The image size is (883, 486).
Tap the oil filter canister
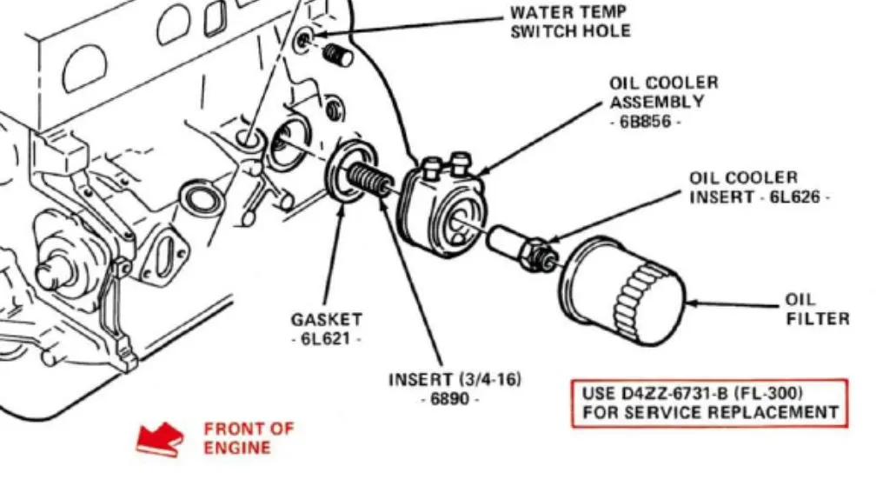point(622,291)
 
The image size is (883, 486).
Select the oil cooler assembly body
point(441,205)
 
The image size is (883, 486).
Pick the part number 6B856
point(646,121)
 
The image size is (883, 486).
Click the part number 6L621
point(326,338)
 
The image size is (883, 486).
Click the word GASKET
point(326,319)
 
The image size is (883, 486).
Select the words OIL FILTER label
point(817,310)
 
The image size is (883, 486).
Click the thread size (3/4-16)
point(490,379)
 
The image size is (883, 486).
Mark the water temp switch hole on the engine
point(304,39)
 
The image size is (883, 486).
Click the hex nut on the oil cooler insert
point(537,255)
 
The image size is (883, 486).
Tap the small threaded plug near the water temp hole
point(338,55)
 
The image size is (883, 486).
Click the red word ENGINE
point(236,448)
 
